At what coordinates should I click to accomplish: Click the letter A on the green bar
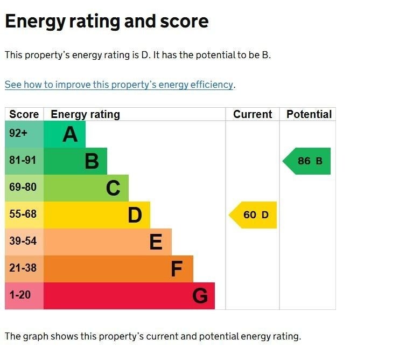pyautogui.click(x=70, y=134)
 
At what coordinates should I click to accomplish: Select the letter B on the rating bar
pyautogui.click(x=92, y=161)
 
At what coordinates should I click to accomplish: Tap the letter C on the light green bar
pyautogui.click(x=113, y=188)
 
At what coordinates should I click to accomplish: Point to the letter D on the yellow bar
pyautogui.click(x=135, y=215)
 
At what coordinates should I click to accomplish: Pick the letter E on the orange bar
pyautogui.click(x=156, y=242)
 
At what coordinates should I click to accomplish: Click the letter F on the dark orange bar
pyautogui.click(x=177, y=269)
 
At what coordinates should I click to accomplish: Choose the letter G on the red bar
pyautogui.click(x=200, y=296)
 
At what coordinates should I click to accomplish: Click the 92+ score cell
pyautogui.click(x=18, y=134)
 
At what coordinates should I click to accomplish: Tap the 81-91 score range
pyautogui.click(x=23, y=161)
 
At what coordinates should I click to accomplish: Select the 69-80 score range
pyautogui.click(x=23, y=188)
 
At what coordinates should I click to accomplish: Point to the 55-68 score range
pyautogui.click(x=23, y=214)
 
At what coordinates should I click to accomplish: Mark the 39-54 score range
pyautogui.click(x=23, y=241)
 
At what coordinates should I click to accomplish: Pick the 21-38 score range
pyautogui.click(x=23, y=268)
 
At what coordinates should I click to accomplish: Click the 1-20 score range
pyautogui.click(x=20, y=295)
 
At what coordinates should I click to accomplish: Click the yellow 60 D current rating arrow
pyautogui.click(x=255, y=215)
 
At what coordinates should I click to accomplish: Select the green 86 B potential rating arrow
pyautogui.click(x=309, y=161)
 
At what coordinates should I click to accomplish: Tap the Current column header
pyautogui.click(x=253, y=114)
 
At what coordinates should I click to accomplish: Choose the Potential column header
pyautogui.click(x=309, y=114)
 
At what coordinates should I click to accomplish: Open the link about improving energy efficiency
pyautogui.click(x=119, y=85)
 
